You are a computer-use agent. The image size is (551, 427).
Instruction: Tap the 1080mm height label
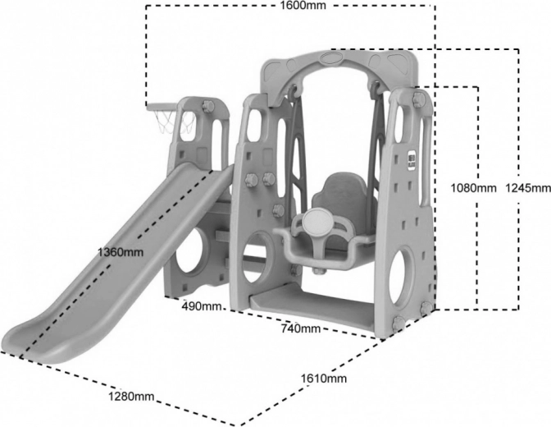point(474,188)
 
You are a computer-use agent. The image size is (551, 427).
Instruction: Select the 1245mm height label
point(528,188)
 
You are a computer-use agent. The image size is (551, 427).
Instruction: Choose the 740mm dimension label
point(300,328)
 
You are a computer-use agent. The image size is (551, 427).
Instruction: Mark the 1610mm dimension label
point(325,379)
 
